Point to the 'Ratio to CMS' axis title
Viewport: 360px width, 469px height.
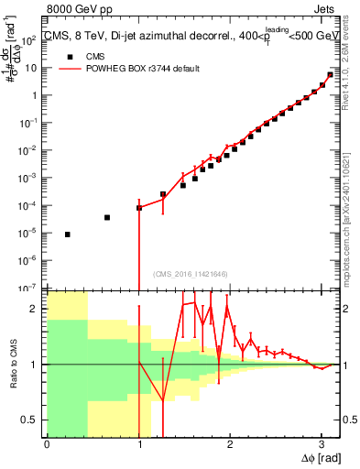coord(14,364)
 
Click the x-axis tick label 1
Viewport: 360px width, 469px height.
coord(138,444)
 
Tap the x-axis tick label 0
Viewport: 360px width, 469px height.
coord(47,444)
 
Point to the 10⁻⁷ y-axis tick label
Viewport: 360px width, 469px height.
coord(30,288)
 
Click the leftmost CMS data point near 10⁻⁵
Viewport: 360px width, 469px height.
coord(68,234)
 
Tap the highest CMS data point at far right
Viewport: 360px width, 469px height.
coord(330,75)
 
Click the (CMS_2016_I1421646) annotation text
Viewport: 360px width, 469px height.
coord(190,274)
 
